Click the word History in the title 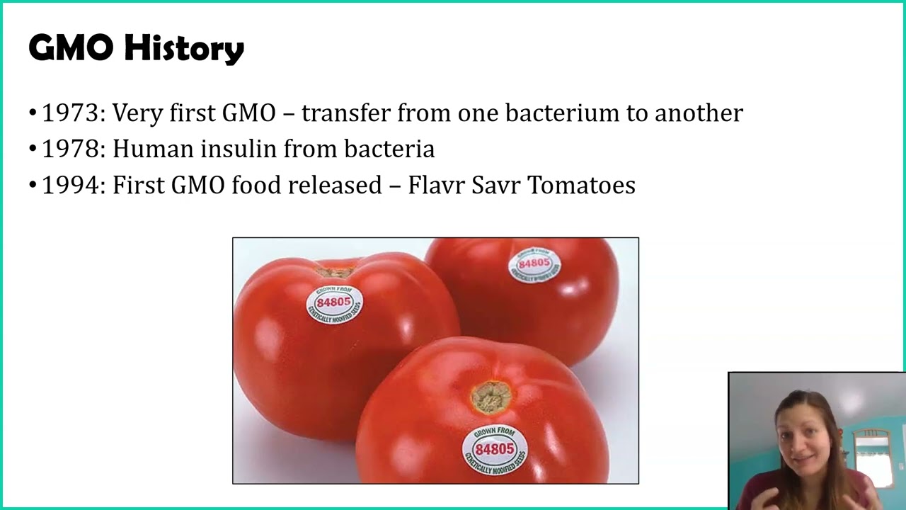(x=184, y=48)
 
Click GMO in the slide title (x=70, y=48)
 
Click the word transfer (x=345, y=113)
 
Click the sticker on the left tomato (x=334, y=304)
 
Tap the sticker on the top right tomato (x=534, y=265)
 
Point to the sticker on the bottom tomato (x=494, y=449)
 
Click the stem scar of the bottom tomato (x=491, y=396)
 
